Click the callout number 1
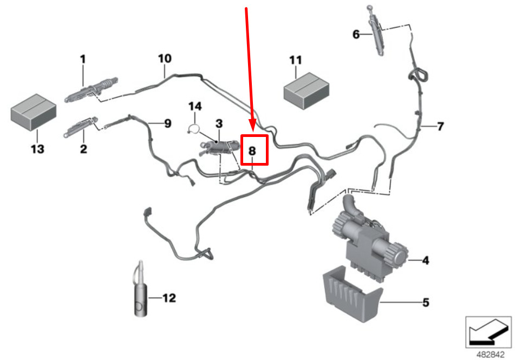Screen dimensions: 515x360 (83, 60)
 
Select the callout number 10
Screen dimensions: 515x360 (165, 58)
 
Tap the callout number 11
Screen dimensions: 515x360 (295, 60)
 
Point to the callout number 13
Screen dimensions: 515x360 (37, 149)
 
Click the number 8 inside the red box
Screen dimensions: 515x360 (252, 150)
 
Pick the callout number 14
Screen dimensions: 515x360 (195, 107)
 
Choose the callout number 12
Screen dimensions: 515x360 (169, 298)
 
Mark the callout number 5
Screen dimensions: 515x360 (426, 302)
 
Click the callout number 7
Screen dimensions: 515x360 (440, 126)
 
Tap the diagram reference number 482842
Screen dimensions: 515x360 (491, 355)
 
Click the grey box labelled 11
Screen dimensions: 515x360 (306, 91)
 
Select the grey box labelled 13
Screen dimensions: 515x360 (34, 112)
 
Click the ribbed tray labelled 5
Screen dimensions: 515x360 (353, 294)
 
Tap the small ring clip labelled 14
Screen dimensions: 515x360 (194, 129)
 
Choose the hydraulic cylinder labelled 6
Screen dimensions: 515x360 (376, 31)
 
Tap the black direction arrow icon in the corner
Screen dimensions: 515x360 (488, 332)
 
